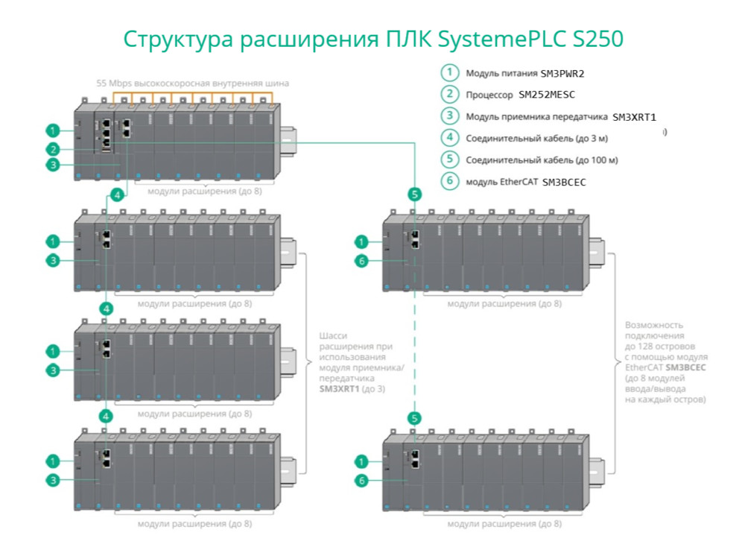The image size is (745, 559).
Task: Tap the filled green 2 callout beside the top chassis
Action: [52, 148]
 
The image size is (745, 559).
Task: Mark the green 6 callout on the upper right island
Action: [361, 261]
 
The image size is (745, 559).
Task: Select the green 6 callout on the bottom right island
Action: [361, 481]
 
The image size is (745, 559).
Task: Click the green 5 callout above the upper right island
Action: [415, 195]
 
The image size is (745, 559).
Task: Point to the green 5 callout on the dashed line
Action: [415, 418]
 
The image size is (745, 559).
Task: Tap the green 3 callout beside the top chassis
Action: [52, 165]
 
